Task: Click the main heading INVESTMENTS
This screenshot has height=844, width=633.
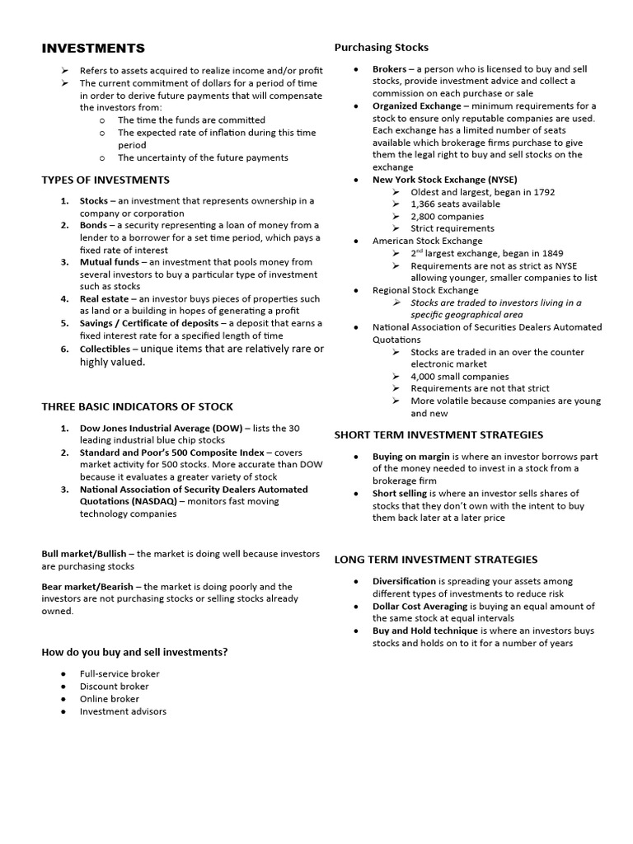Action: (93, 49)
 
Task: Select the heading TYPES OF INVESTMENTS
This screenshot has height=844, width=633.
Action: (105, 180)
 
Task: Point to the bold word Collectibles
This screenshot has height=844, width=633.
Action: (105, 349)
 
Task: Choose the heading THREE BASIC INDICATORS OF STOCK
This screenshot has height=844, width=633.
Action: (137, 406)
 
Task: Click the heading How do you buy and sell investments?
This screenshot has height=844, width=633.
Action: (134, 652)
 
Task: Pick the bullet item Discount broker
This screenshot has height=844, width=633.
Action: (114, 686)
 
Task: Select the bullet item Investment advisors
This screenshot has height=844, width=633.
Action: (123, 711)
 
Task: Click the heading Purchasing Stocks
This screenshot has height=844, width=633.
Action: (381, 47)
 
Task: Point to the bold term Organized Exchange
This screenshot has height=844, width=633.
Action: (416, 106)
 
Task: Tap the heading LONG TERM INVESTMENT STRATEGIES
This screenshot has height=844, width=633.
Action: (435, 560)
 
